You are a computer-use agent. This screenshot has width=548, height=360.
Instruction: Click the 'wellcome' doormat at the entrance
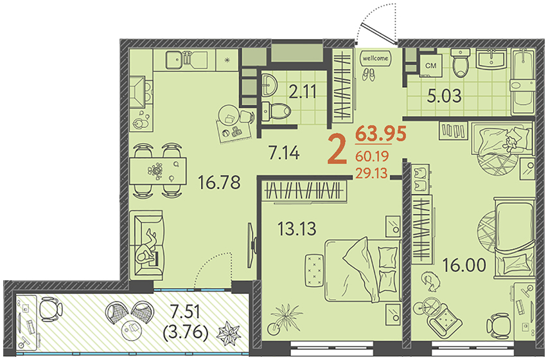click(x=375, y=58)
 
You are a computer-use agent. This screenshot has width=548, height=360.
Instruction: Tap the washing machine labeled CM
click(x=430, y=65)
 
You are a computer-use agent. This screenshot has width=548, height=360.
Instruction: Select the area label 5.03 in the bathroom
click(x=445, y=96)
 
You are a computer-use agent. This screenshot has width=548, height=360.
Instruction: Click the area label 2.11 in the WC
click(x=303, y=93)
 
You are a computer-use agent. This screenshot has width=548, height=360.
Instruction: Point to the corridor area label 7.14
click(x=284, y=153)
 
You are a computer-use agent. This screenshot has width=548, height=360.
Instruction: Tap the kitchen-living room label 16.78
click(x=219, y=182)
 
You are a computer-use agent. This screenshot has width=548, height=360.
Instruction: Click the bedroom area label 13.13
click(x=297, y=229)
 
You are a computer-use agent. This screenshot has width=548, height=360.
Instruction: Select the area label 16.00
click(x=464, y=265)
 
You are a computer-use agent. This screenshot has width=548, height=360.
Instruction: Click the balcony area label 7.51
click(x=185, y=311)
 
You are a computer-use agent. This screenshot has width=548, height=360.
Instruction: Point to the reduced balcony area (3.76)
click(x=186, y=332)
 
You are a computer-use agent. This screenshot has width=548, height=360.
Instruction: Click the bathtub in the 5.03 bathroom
click(x=522, y=82)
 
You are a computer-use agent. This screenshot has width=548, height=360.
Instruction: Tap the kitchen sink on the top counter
click(x=173, y=60)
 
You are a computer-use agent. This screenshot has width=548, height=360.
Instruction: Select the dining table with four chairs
click(x=158, y=170)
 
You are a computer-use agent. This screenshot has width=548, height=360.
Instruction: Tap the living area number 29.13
click(x=371, y=173)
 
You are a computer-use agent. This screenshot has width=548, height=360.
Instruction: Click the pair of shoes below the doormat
click(x=368, y=73)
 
